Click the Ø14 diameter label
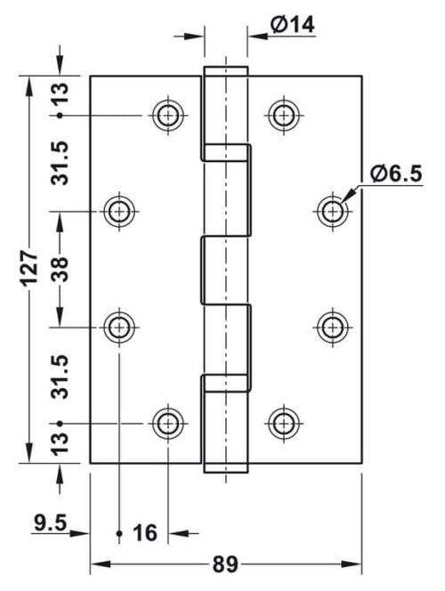click(x=293, y=25)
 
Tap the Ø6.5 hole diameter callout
click(x=396, y=174)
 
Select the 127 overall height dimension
click(x=29, y=267)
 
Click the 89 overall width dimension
click(x=225, y=564)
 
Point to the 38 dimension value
click(x=60, y=269)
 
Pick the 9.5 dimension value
click(x=50, y=522)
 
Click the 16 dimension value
click(x=145, y=533)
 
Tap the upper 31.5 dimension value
click(x=60, y=163)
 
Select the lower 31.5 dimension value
click(x=60, y=376)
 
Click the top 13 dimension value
click(x=60, y=93)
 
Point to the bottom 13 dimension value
click(x=60, y=444)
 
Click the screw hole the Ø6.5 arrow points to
click(x=332, y=211)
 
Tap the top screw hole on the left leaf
click(x=168, y=115)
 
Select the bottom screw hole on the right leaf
click(x=284, y=424)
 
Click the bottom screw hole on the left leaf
click(x=168, y=424)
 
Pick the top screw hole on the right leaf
click(x=284, y=115)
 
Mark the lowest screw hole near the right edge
click(x=332, y=327)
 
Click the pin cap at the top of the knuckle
click(x=226, y=71)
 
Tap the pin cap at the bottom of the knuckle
click(x=226, y=468)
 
